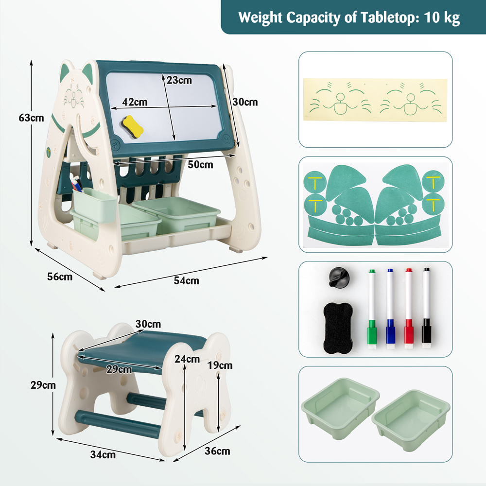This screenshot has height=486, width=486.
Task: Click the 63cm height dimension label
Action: pyautogui.click(x=31, y=118)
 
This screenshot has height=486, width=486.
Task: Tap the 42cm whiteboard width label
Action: pyautogui.click(x=135, y=102)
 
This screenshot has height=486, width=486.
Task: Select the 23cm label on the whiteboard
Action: pyautogui.click(x=179, y=80)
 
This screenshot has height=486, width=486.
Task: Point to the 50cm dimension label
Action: pyautogui.click(x=200, y=165)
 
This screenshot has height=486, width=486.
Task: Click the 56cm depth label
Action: pyautogui.click(x=60, y=277)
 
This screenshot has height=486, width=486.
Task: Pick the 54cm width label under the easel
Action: pyautogui.click(x=186, y=280)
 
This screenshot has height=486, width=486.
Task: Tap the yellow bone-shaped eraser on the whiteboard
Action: pyautogui.click(x=132, y=126)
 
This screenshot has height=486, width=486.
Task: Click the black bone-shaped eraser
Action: pyautogui.click(x=338, y=328)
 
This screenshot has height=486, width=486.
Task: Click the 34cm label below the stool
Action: pyautogui.click(x=103, y=455)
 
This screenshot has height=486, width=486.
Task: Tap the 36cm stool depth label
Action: pyautogui.click(x=217, y=451)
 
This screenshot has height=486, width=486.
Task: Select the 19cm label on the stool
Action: pyautogui.click(x=220, y=365)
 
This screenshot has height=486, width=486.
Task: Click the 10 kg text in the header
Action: pyautogui.click(x=442, y=17)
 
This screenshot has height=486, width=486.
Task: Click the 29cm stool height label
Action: pyautogui.click(x=43, y=385)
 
